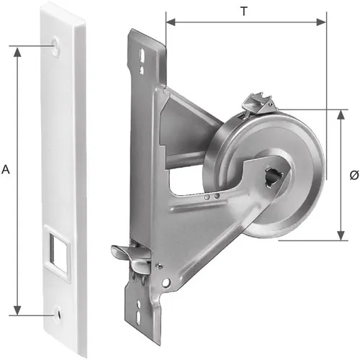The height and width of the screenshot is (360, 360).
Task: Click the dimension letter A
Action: tap(6, 169)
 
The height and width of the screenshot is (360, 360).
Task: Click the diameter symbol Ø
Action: tap(353, 174)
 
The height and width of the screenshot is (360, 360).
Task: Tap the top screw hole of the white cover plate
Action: tap(57, 48)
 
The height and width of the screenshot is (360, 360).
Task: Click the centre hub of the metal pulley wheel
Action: tap(277, 174)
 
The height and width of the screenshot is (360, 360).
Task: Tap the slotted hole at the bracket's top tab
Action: tap(145, 54)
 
